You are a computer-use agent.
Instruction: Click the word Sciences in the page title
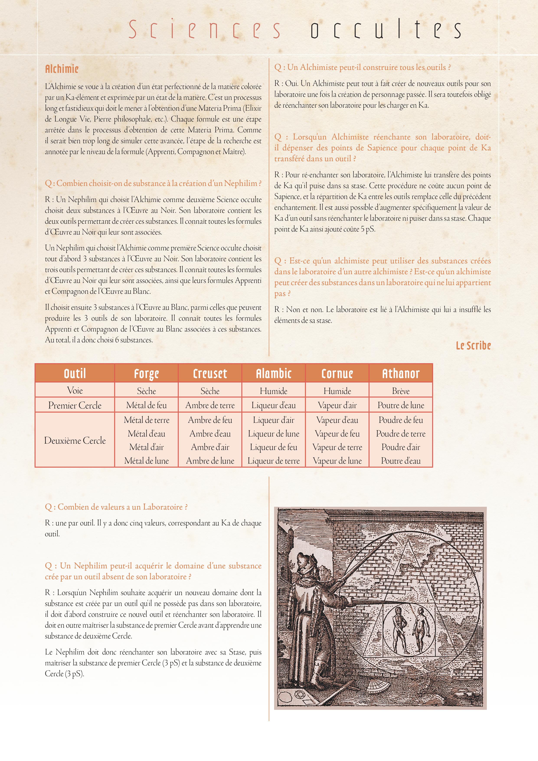[204, 29]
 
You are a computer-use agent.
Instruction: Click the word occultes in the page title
[386, 29]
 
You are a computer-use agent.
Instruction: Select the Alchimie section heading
[62, 69]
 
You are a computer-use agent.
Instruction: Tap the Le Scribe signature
[473, 346]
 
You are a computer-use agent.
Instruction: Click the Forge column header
[146, 374]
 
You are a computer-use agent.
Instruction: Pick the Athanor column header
[401, 374]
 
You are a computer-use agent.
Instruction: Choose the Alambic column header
[274, 374]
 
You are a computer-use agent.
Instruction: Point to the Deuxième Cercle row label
[75, 441]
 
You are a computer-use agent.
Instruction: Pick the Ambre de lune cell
[210, 461]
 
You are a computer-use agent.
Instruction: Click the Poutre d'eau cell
[401, 461]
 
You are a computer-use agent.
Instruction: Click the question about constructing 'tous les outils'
[362, 67]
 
